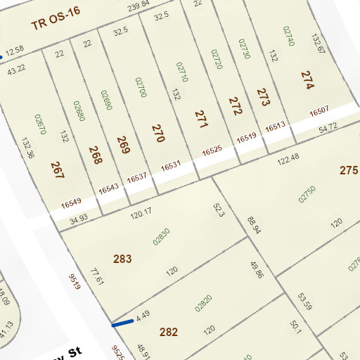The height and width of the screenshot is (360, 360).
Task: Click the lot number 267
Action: [57, 169]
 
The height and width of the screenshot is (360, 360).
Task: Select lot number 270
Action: [157, 134]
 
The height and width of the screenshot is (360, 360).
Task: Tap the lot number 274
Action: [307, 79]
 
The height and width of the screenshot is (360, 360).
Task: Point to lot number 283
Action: [122, 259]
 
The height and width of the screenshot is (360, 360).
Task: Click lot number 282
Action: [169, 332]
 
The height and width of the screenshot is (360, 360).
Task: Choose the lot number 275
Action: [349, 170]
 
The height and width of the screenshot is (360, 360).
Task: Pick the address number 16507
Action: [319, 110]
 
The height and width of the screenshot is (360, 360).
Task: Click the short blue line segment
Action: [123, 323]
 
